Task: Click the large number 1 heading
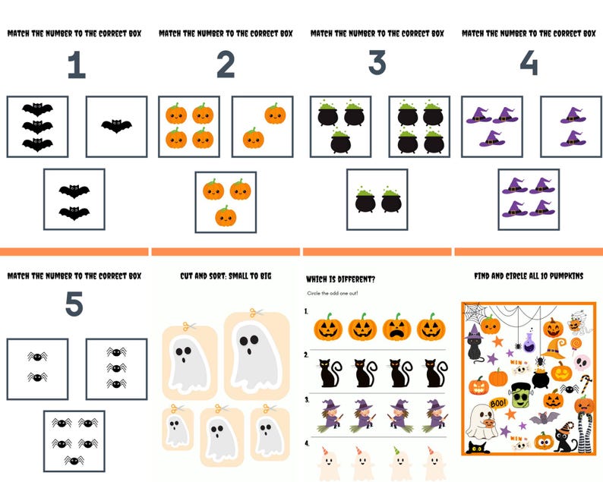75,65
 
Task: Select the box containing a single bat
116,126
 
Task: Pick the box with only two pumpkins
262,126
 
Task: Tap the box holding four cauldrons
419,126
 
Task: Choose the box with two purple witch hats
570,126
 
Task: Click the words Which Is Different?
341,279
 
